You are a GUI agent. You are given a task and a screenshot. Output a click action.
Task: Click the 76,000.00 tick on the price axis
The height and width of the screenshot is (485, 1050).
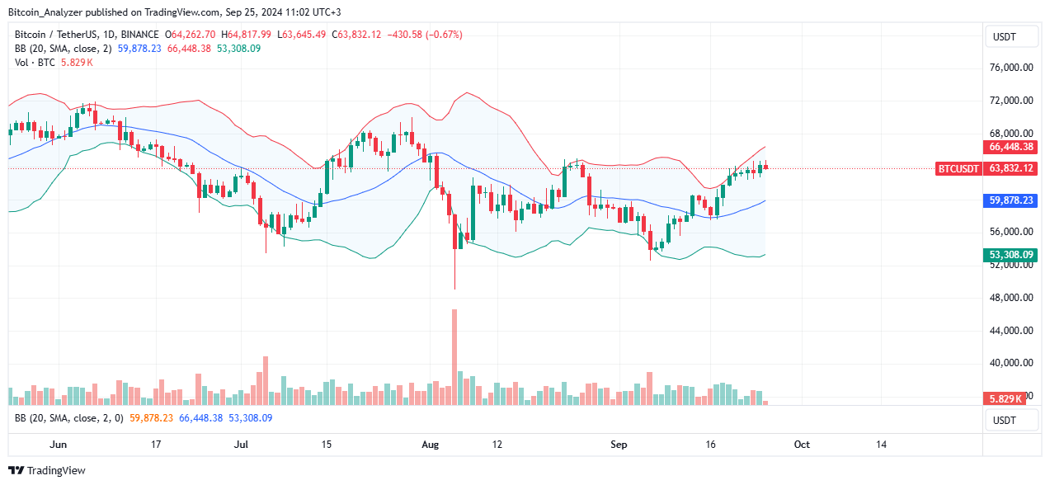pyautogui.click(x=1011, y=68)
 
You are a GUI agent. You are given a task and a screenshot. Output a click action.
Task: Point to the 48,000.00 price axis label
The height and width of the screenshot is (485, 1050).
pyautogui.click(x=1011, y=298)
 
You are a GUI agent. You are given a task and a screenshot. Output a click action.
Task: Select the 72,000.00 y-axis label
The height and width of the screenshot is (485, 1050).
pyautogui.click(x=1011, y=101)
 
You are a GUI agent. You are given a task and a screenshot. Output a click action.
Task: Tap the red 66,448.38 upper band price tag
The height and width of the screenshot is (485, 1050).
pyautogui.click(x=1010, y=147)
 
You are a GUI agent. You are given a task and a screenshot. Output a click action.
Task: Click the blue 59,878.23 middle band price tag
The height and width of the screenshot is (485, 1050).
pyautogui.click(x=1010, y=200)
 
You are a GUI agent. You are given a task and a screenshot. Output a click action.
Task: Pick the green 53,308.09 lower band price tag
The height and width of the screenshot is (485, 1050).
pyautogui.click(x=1010, y=255)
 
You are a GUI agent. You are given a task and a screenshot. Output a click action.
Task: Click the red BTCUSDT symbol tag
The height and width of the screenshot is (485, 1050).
pyautogui.click(x=958, y=168)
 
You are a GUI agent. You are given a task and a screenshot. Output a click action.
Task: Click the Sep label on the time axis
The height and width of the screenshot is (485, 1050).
pyautogui.click(x=619, y=445)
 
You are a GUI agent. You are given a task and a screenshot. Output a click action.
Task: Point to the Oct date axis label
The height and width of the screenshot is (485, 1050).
pyautogui.click(x=802, y=445)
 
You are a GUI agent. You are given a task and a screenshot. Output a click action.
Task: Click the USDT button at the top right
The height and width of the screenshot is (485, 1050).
pyautogui.click(x=1011, y=37)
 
